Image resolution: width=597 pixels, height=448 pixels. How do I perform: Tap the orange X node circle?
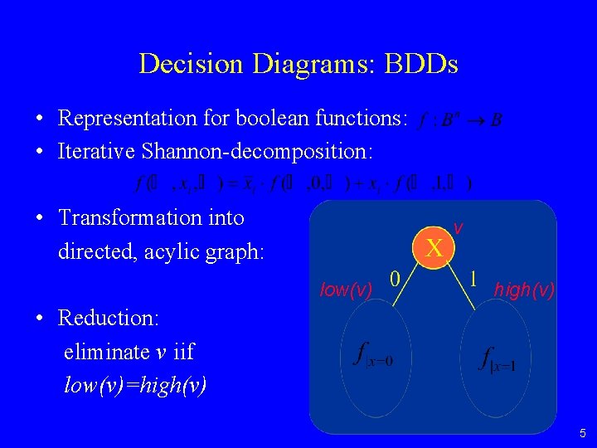coord(434,246)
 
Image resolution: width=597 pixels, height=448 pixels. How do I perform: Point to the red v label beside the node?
coord(458,226)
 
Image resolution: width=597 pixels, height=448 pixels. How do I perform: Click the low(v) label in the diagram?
coord(346,289)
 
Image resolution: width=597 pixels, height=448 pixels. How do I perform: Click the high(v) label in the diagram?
coord(524,289)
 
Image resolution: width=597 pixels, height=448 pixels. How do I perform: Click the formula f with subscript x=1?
coord(498,358)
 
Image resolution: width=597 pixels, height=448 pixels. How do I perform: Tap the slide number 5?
coord(583,432)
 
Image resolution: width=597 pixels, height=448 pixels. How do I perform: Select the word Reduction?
coord(109,318)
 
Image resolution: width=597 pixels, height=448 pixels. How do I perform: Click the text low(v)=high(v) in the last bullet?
coord(135,385)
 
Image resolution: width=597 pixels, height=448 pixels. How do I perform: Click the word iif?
coord(183,352)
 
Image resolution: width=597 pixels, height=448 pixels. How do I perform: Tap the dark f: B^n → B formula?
coord(460,120)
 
